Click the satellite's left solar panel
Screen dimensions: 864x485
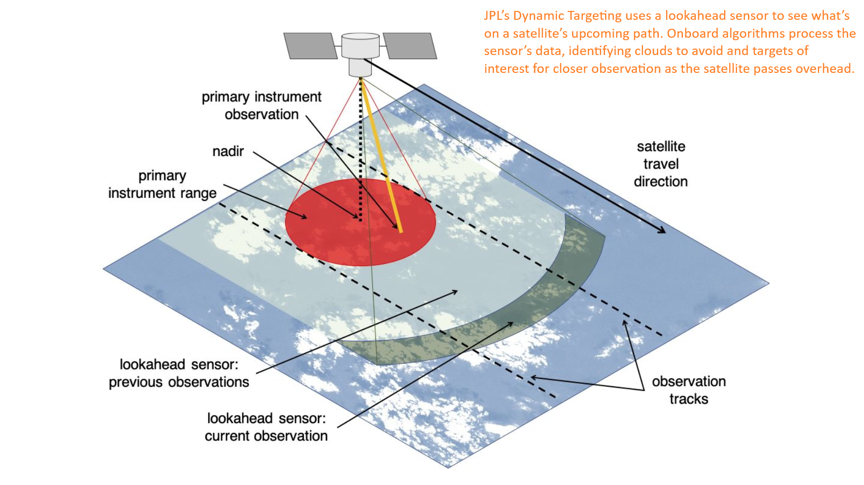click(310, 46)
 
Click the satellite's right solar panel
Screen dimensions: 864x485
click(410, 46)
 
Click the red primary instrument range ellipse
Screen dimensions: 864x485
click(361, 222)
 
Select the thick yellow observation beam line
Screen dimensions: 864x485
click(381, 155)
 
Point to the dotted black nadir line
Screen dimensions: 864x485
click(361, 149)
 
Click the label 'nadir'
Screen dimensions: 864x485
click(228, 151)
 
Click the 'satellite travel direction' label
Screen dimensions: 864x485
click(661, 164)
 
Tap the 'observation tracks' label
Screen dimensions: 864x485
click(689, 390)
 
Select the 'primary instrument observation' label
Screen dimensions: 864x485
click(261, 105)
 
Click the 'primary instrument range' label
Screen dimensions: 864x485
click(162, 184)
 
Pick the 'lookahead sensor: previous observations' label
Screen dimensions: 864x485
click(179, 373)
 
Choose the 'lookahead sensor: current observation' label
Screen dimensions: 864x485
click(266, 427)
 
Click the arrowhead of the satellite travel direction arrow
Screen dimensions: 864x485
click(662, 230)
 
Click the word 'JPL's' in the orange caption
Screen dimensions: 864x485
click(497, 16)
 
